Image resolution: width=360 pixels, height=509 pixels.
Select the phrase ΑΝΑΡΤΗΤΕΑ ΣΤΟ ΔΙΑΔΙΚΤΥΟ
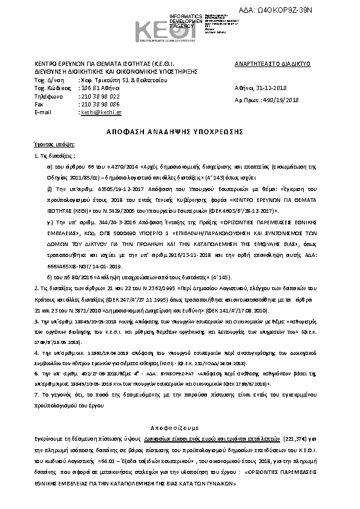click(272, 63)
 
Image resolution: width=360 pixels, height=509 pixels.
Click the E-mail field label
click(43, 112)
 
